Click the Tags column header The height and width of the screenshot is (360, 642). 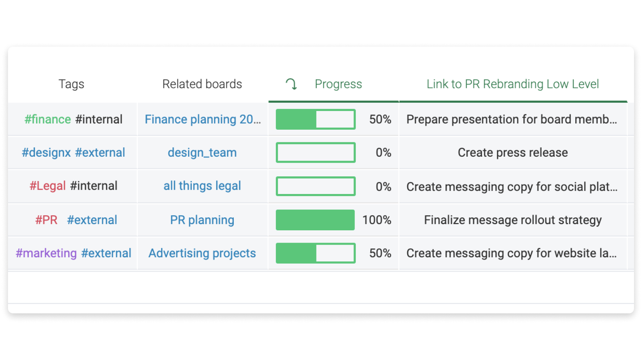tap(71, 84)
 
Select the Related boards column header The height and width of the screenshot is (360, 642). tap(202, 84)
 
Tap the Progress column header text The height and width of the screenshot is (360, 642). tap(338, 84)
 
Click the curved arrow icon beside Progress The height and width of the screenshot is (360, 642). tap(291, 84)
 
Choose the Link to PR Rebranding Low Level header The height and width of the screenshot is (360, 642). tap(513, 84)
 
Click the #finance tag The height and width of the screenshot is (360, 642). tap(48, 119)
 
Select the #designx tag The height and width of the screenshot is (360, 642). tap(46, 153)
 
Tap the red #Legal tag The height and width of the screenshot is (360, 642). tap(48, 186)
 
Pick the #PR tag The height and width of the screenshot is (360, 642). tap(46, 220)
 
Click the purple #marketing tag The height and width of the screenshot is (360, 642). tap(46, 253)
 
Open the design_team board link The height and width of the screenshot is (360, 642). tap(202, 153)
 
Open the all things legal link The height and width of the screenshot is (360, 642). tap(202, 186)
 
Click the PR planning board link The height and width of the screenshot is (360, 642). tap(202, 220)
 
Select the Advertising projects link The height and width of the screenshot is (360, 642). tap(202, 253)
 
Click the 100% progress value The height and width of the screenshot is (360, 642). tap(377, 220)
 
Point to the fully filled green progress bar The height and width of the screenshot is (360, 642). tap(315, 220)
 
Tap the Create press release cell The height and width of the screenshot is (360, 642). tap(513, 153)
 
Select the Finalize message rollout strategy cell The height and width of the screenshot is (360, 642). tap(513, 220)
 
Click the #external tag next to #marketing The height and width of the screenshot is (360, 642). tap(106, 253)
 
